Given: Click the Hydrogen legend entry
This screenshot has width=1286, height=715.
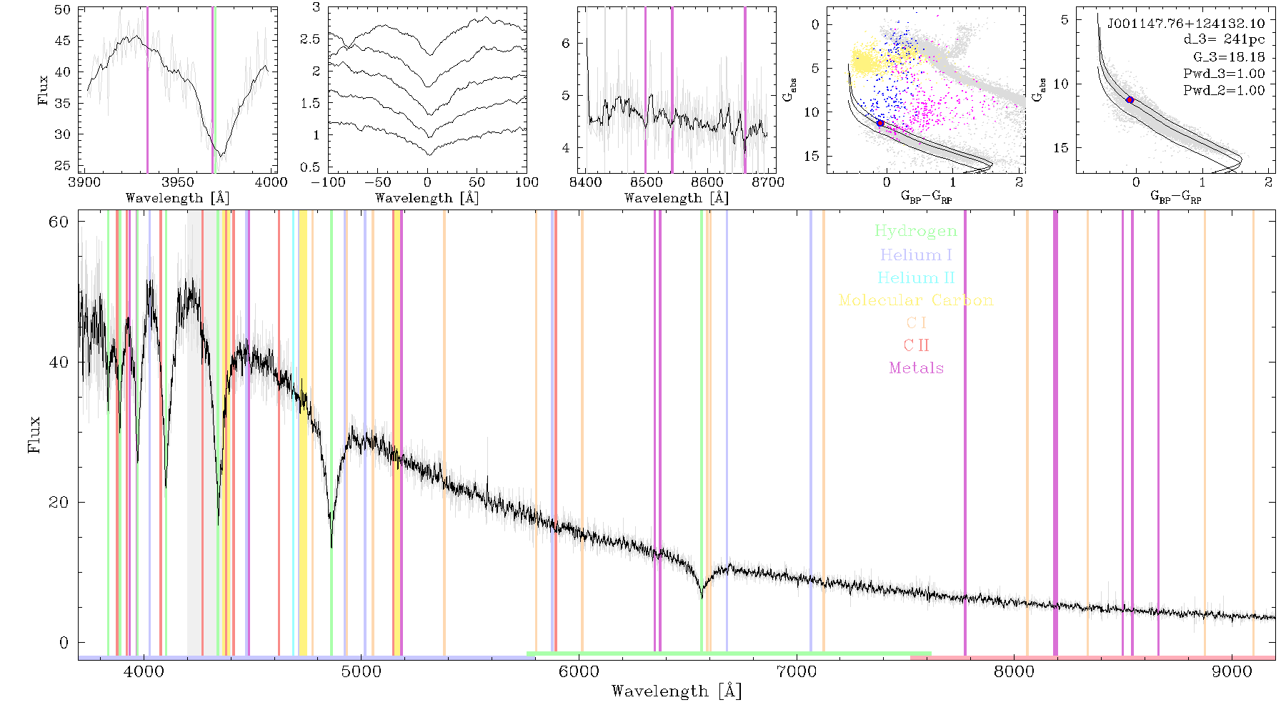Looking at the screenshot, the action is click(915, 231).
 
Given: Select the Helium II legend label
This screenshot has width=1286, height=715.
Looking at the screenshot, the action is click(916, 277).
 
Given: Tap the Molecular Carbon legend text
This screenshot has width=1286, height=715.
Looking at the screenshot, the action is click(916, 300).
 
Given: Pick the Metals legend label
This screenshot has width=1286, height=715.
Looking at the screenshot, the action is click(916, 368).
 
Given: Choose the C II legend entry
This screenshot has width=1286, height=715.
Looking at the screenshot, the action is click(916, 345).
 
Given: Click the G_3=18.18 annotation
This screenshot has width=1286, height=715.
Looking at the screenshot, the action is click(1229, 57).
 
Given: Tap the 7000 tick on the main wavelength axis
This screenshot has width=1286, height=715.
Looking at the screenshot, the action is click(797, 672).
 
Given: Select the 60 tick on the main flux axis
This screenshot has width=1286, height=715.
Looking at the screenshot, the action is click(59, 222).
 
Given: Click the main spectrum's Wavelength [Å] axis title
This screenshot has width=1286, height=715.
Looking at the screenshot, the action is click(677, 691).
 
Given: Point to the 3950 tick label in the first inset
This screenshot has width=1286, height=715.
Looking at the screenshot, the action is click(178, 182).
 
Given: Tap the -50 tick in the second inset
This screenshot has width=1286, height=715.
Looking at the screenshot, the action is click(378, 182).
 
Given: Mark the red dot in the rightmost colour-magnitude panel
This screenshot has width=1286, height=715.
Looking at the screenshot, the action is click(1130, 100).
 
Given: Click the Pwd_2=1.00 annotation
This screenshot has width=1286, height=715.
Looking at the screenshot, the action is click(1224, 91).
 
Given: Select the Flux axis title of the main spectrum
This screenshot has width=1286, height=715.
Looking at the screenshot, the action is click(34, 435).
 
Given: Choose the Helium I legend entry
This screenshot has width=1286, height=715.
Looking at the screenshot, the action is click(916, 255).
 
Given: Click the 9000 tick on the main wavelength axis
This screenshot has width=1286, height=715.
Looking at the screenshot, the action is click(1232, 672).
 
